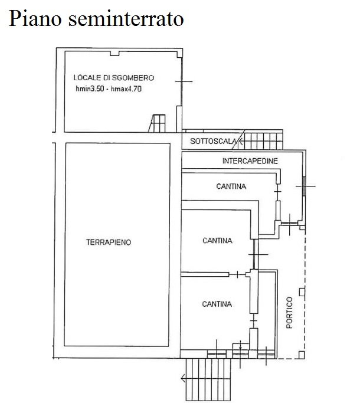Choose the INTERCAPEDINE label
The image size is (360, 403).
[x=250, y=160]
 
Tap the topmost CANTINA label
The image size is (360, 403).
[x=231, y=187]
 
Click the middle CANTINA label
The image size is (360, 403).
[x=217, y=241]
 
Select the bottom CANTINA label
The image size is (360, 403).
[x=217, y=304]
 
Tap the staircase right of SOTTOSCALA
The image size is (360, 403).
[x=263, y=141]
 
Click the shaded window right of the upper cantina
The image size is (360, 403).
[x=303, y=185]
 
